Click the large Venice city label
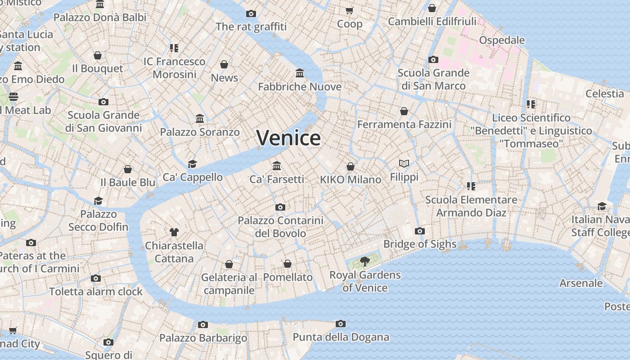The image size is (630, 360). pyautogui.click(x=288, y=137)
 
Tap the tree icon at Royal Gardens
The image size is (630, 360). pyautogui.click(x=365, y=261)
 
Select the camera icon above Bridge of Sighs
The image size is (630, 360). pyautogui.click(x=419, y=231)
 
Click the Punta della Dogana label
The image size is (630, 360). pyautogui.click(x=341, y=337)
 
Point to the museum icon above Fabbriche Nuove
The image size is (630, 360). pyautogui.click(x=300, y=73)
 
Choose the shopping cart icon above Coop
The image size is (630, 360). pyautogui.click(x=350, y=10)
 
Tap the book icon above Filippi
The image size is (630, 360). pyautogui.click(x=404, y=163)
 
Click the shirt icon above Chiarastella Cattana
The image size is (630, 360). pyautogui.click(x=174, y=232)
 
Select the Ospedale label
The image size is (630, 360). pyautogui.click(x=502, y=40)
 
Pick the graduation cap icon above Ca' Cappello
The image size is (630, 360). pyautogui.click(x=193, y=164)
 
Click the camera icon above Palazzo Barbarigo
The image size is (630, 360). pyautogui.click(x=203, y=324)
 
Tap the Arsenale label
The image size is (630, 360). pyautogui.click(x=581, y=283)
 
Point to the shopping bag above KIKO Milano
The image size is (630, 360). pyautogui.click(x=351, y=166)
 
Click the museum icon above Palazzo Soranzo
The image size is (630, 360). pyautogui.click(x=200, y=119)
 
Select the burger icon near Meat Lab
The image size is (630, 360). pyautogui.click(x=13, y=96)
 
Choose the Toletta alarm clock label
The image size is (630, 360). pyautogui.click(x=96, y=291)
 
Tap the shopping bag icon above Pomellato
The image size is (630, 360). pyautogui.click(x=288, y=264)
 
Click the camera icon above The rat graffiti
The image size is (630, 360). pyautogui.click(x=251, y=13)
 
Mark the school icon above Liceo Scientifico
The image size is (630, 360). pyautogui.click(x=531, y=104)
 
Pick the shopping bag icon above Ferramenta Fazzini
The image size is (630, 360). pyautogui.click(x=404, y=111)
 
